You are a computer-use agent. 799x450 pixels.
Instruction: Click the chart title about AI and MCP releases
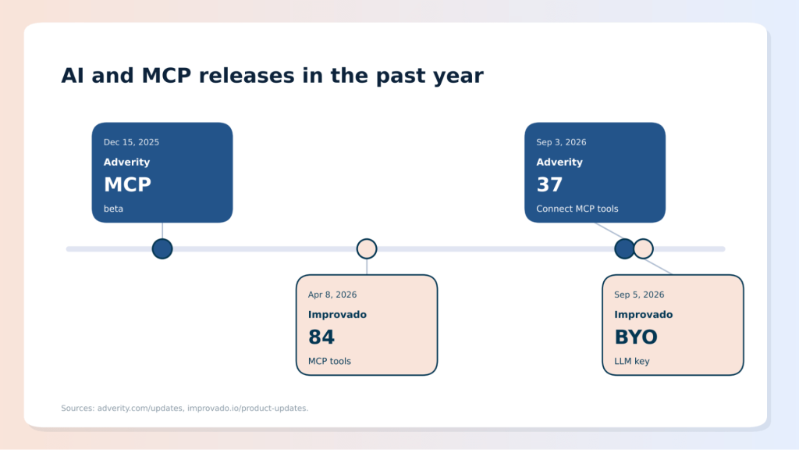click(x=272, y=76)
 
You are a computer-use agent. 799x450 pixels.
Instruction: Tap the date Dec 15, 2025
click(x=131, y=142)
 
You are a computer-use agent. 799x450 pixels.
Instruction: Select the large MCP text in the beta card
click(x=127, y=184)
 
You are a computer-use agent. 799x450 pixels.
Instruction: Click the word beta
click(x=113, y=209)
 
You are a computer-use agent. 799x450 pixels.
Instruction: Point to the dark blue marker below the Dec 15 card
click(x=162, y=249)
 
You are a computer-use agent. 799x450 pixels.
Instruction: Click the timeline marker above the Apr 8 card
click(x=367, y=249)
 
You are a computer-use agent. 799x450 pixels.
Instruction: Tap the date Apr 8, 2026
click(x=332, y=295)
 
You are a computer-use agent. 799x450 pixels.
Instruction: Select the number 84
click(x=321, y=337)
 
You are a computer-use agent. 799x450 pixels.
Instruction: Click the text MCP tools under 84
click(x=329, y=361)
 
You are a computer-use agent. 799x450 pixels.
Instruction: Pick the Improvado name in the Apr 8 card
click(x=337, y=315)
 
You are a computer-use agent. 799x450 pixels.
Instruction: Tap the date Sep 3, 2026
click(x=561, y=142)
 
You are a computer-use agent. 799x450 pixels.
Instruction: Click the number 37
click(x=549, y=184)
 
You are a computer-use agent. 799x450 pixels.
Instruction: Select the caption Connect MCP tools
click(x=577, y=209)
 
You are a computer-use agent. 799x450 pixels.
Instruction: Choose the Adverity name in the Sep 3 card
click(x=559, y=162)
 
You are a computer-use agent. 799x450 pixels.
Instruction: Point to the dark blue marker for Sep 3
click(x=624, y=249)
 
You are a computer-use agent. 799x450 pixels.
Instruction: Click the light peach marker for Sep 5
click(x=644, y=249)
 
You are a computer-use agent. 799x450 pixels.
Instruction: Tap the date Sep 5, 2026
click(x=639, y=295)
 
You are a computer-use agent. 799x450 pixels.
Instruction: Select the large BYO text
click(x=636, y=337)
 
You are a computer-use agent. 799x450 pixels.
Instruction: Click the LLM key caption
click(x=632, y=361)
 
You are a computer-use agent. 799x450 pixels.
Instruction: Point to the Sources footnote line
click(x=184, y=408)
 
